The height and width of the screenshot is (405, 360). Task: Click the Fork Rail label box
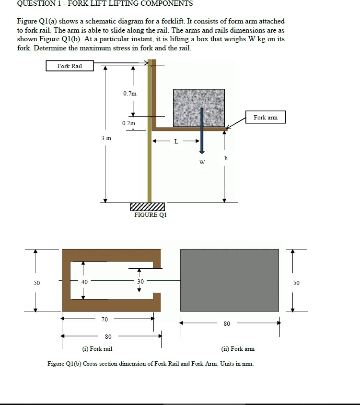(70, 66)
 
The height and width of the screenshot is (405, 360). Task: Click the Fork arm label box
(266, 117)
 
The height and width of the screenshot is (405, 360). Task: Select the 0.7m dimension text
(129, 94)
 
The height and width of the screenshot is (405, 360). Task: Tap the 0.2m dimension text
(129, 123)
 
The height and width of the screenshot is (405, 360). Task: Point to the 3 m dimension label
(106, 138)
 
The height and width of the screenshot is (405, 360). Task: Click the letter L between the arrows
(176, 142)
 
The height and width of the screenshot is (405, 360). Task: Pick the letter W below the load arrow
(202, 162)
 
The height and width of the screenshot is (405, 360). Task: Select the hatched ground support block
(147, 207)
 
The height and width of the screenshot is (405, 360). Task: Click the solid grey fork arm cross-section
(229, 280)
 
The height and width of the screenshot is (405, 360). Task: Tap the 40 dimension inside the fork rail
(84, 282)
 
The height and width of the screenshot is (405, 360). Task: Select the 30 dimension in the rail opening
(140, 282)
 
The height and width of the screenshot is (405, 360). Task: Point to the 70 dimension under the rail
(105, 319)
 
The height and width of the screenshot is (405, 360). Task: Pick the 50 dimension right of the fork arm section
(296, 283)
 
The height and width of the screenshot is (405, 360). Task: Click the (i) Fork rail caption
(97, 349)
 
